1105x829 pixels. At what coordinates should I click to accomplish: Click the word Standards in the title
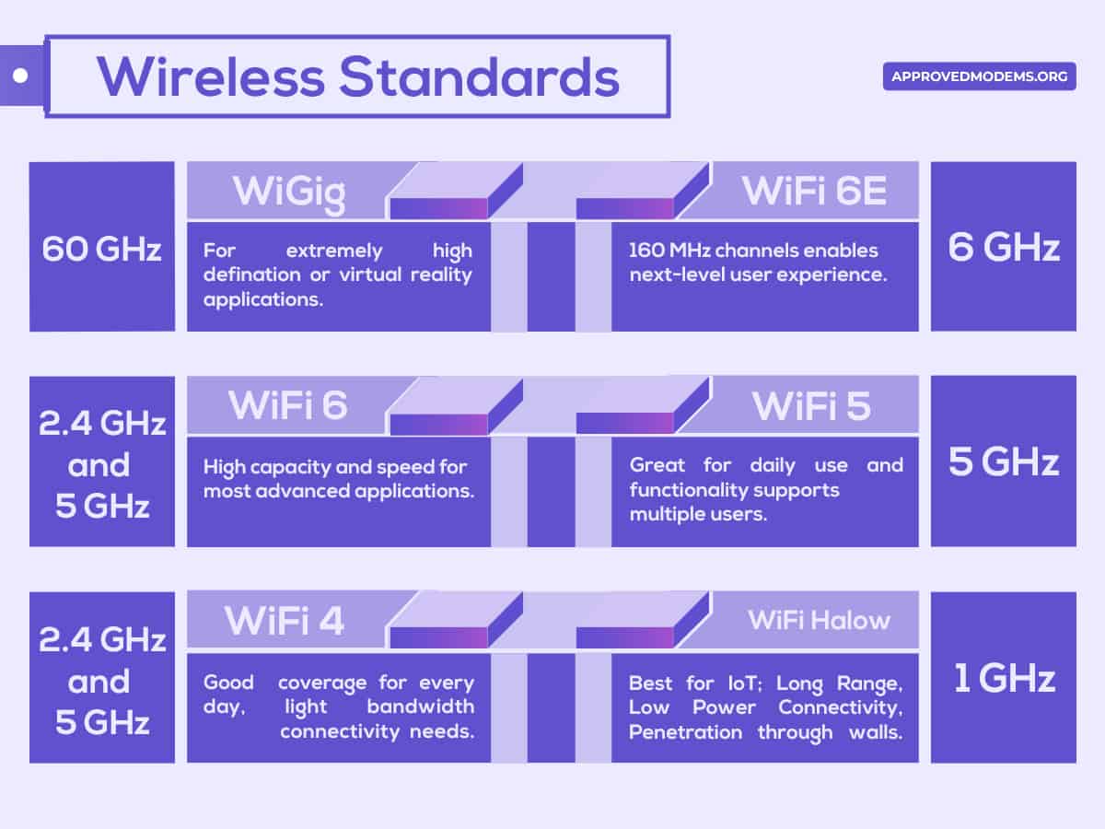pyautogui.click(x=479, y=76)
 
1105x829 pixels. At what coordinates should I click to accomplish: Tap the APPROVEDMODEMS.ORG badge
pyautogui.click(x=979, y=76)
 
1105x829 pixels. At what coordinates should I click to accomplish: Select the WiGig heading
pyautogui.click(x=289, y=192)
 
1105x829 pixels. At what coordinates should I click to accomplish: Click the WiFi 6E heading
pyautogui.click(x=814, y=191)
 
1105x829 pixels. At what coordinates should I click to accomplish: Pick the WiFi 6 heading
pyautogui.click(x=288, y=405)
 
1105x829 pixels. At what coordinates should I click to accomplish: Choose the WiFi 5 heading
pyautogui.click(x=811, y=406)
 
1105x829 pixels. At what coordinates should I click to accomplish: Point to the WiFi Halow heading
pyautogui.click(x=819, y=620)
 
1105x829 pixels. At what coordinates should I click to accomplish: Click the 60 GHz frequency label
pyautogui.click(x=101, y=249)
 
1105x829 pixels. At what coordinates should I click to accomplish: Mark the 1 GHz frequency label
pyautogui.click(x=1004, y=679)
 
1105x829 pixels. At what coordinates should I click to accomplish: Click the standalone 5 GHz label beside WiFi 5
pyautogui.click(x=1004, y=462)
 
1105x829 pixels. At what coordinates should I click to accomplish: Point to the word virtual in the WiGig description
pyautogui.click(x=362, y=274)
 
